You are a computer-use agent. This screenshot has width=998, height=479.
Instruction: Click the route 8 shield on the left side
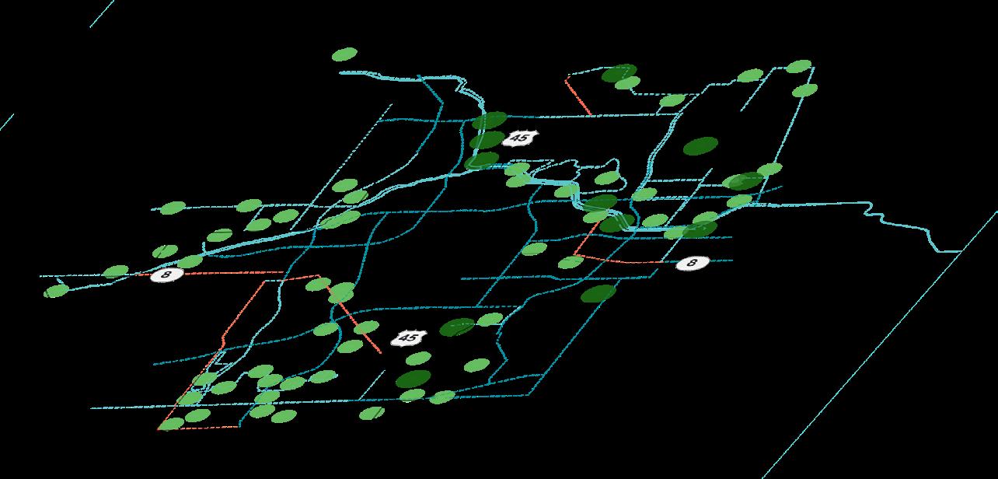163,275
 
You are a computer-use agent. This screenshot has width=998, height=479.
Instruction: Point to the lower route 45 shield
407,338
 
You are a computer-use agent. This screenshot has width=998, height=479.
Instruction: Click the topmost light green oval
344,54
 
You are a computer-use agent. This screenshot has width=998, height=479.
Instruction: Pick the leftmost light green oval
57,291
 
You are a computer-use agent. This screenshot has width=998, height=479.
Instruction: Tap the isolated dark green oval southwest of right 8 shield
598,293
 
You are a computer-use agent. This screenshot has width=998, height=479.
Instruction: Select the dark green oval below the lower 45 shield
413,379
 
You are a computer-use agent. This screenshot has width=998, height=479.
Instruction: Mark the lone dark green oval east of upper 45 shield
700,145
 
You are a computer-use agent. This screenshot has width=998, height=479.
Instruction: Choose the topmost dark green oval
619,74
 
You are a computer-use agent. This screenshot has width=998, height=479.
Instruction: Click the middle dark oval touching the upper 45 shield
487,141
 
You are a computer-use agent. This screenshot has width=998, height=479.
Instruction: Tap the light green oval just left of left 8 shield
116,272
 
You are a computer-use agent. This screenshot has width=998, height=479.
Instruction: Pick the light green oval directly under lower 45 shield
418,358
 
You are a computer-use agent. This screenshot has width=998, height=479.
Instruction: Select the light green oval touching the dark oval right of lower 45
490,320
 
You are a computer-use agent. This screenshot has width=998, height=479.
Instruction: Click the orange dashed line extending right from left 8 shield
225,273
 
